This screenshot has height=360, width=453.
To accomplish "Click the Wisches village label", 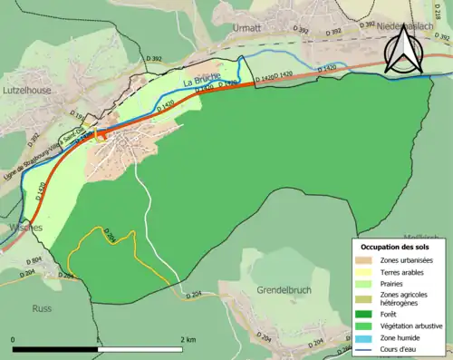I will (x=20, y=228).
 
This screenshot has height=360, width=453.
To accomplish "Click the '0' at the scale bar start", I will (x=14, y=339).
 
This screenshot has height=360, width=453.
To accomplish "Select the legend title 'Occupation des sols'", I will (x=397, y=246).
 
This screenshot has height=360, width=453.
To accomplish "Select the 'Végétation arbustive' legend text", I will (x=416, y=327).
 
